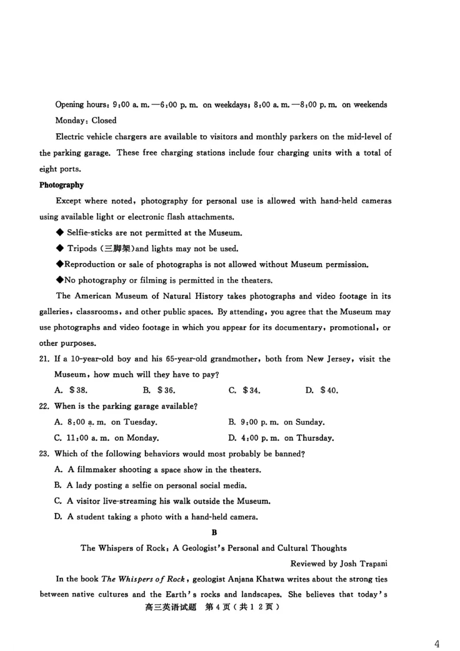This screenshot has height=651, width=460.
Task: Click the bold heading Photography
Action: [62, 185]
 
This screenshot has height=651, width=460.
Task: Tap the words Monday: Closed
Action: [86, 120]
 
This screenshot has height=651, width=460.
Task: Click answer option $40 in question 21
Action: [321, 391]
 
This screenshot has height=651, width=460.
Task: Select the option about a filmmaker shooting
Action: [158, 469]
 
